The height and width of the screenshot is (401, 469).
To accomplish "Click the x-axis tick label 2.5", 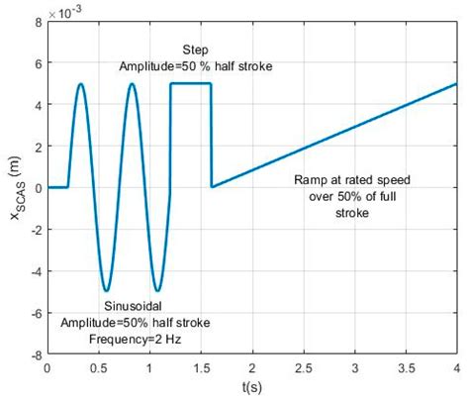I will tap(304, 365).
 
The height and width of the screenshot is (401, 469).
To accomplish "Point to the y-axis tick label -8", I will tap(36, 353).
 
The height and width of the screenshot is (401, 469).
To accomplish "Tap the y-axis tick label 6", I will tap(38, 61).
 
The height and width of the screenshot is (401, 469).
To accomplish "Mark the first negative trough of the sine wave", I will tap(106, 291).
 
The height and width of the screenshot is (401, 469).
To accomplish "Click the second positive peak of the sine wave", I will tap(132, 84).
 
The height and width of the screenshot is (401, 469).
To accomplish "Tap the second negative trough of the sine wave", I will tap(157, 291).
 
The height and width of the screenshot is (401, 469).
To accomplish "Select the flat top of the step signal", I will tap(191, 83).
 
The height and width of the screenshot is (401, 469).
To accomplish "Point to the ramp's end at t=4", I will tap(457, 83).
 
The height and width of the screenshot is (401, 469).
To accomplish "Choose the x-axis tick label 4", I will tap(457, 365).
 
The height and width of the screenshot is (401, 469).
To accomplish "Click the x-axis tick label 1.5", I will tap(201, 365).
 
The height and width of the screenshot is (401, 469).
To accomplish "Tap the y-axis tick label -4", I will tap(36, 270).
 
